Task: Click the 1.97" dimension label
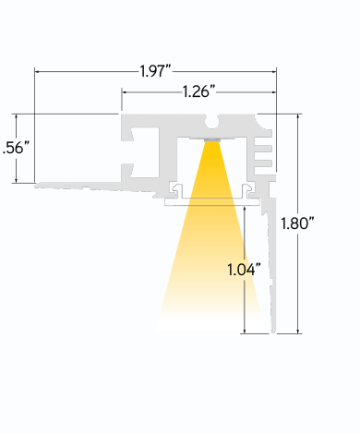click(155, 71)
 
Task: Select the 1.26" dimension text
click(198, 91)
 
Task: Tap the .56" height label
click(17, 148)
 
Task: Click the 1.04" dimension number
click(244, 270)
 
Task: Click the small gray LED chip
click(212, 139)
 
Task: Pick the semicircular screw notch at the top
click(211, 122)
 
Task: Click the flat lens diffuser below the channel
click(212, 202)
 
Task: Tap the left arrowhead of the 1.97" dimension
click(37, 72)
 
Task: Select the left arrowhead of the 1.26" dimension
click(124, 91)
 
